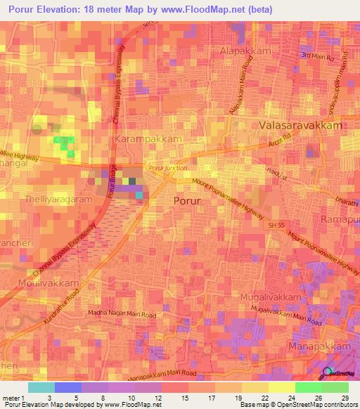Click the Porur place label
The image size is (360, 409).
click(x=187, y=201)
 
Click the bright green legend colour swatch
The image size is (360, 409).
click(x=308, y=387)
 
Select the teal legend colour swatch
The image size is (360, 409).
click(x=41, y=387)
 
